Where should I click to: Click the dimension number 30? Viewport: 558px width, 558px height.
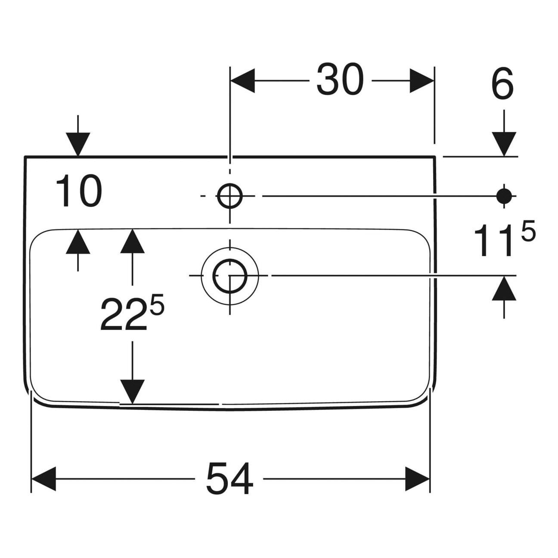tap(340, 80)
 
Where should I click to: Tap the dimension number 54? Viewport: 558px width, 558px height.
tap(229, 478)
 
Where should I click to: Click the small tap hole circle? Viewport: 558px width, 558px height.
tap(230, 196)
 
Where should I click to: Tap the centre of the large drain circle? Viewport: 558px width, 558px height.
tap(230, 275)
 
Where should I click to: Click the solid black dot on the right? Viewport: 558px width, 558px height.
tap(504, 196)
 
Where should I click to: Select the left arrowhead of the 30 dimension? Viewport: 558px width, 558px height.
tap(242, 81)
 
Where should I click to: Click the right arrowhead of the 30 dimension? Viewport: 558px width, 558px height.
tap(421, 81)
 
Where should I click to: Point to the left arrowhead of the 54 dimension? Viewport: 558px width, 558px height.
tap(44, 478)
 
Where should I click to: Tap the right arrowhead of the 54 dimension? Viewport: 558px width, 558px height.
tap(417, 478)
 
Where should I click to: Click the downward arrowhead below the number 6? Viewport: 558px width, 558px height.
tap(504, 144)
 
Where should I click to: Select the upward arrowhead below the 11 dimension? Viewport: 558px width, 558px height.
tap(504, 288)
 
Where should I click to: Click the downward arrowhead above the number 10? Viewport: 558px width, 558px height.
tap(78, 144)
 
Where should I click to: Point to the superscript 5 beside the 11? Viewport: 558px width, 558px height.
tap(529, 233)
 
